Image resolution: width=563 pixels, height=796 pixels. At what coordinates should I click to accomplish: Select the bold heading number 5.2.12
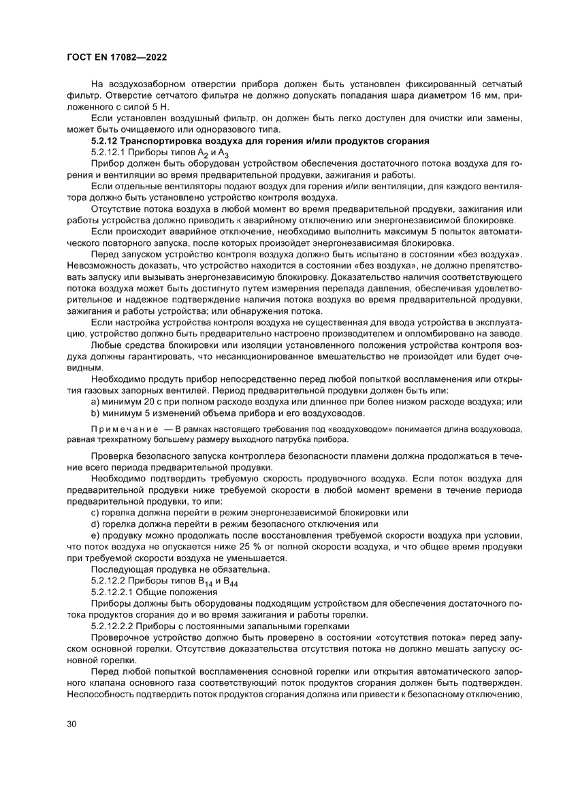click(106, 142)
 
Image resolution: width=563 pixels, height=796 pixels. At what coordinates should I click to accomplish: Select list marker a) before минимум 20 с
click(96, 402)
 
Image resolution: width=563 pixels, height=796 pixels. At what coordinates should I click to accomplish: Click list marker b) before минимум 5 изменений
click(96, 413)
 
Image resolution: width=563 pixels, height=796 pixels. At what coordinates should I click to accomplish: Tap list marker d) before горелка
click(96, 524)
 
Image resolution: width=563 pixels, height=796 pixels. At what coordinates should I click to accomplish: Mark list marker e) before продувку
click(96, 535)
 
